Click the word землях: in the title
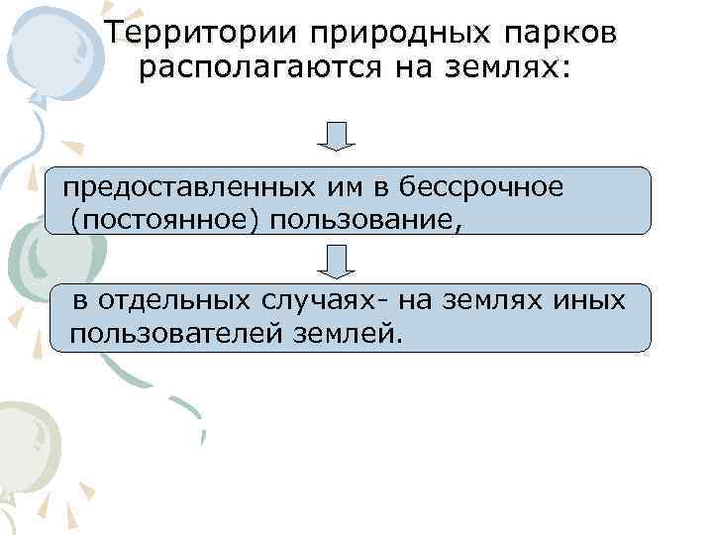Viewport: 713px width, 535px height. tap(511, 69)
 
